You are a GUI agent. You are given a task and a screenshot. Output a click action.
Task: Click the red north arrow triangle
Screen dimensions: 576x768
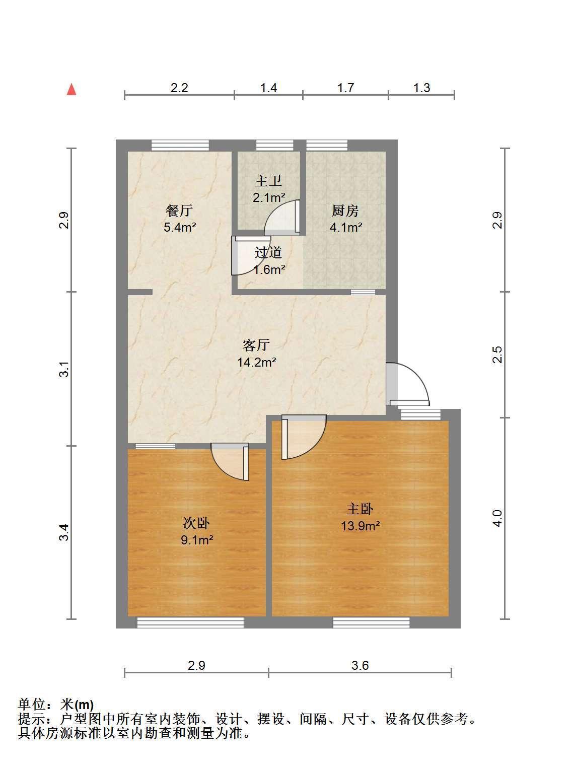[x=71, y=90]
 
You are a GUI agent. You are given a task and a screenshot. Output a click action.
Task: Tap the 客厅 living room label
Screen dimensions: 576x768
[x=256, y=345]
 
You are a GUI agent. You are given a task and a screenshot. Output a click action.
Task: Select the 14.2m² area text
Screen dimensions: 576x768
[x=257, y=362]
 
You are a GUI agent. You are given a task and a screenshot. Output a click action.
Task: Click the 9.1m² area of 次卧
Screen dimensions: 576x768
[x=197, y=540]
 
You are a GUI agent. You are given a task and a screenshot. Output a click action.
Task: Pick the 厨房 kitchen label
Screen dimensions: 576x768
[x=345, y=211]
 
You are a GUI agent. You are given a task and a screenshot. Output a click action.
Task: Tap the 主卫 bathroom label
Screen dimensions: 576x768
[x=268, y=181]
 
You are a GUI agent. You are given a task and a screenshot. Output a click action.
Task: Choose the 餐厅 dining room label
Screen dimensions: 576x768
[x=179, y=211]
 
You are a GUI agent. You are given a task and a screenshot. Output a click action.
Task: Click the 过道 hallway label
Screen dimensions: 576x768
[x=268, y=252]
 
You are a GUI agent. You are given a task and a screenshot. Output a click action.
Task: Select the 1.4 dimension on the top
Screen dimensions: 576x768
[x=268, y=88]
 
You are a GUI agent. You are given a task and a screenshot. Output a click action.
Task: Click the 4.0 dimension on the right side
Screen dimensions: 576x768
[x=497, y=518]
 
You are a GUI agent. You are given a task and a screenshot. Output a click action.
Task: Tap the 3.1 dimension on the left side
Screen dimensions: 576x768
[x=63, y=369]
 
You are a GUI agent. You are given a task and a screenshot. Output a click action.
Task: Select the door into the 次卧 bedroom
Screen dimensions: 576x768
[x=230, y=462]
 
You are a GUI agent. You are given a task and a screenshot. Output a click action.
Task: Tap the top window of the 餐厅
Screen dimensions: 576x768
[x=180, y=145]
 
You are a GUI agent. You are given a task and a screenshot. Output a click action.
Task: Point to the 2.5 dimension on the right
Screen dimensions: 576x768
[x=497, y=355]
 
